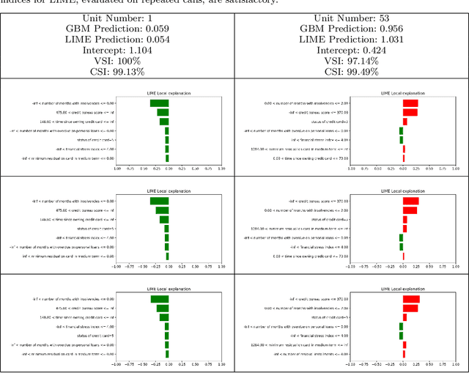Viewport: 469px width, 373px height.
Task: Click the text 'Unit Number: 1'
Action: (117, 17)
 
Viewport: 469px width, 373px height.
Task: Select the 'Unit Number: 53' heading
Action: (351, 17)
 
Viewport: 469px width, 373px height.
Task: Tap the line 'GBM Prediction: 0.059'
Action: (117, 29)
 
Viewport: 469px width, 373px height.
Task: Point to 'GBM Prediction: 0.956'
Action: (351, 29)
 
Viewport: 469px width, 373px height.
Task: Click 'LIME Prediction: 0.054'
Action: (117, 41)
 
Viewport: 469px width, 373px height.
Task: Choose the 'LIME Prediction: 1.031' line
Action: (351, 41)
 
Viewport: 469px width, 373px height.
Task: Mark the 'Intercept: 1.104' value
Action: (117, 53)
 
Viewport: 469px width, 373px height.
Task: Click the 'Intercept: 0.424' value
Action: (351, 53)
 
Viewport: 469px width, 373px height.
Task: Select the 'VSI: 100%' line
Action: (117, 64)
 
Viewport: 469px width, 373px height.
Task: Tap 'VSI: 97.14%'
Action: (351, 64)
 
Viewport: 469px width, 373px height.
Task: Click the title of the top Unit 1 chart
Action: (168, 95)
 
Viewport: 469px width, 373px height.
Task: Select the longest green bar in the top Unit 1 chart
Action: (159, 103)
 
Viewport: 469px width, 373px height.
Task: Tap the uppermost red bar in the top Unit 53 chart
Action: (410, 103)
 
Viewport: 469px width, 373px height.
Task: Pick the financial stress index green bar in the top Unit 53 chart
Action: (401, 139)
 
